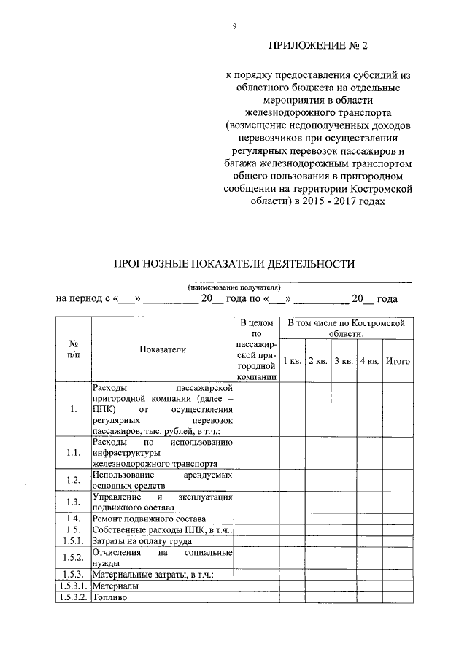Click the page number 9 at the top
point(234,26)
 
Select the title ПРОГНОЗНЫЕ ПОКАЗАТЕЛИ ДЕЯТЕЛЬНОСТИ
point(233,264)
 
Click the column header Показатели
point(163,349)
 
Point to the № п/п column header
point(74,349)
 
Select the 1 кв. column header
point(292,361)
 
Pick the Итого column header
point(398,361)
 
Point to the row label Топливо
point(110,597)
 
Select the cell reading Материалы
point(116,586)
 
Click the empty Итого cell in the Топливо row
point(398,597)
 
